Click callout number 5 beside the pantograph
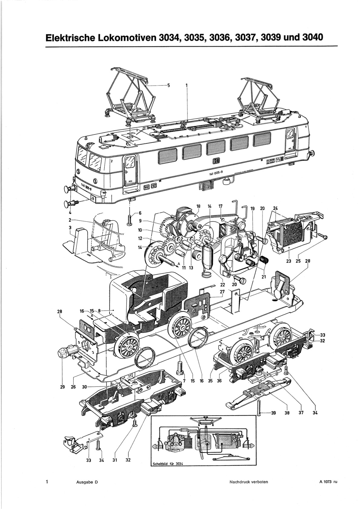(x=169, y=86)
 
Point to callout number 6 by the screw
(x=140, y=213)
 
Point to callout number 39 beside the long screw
(x=273, y=412)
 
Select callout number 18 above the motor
(x=198, y=206)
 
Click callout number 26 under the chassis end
(x=73, y=387)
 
